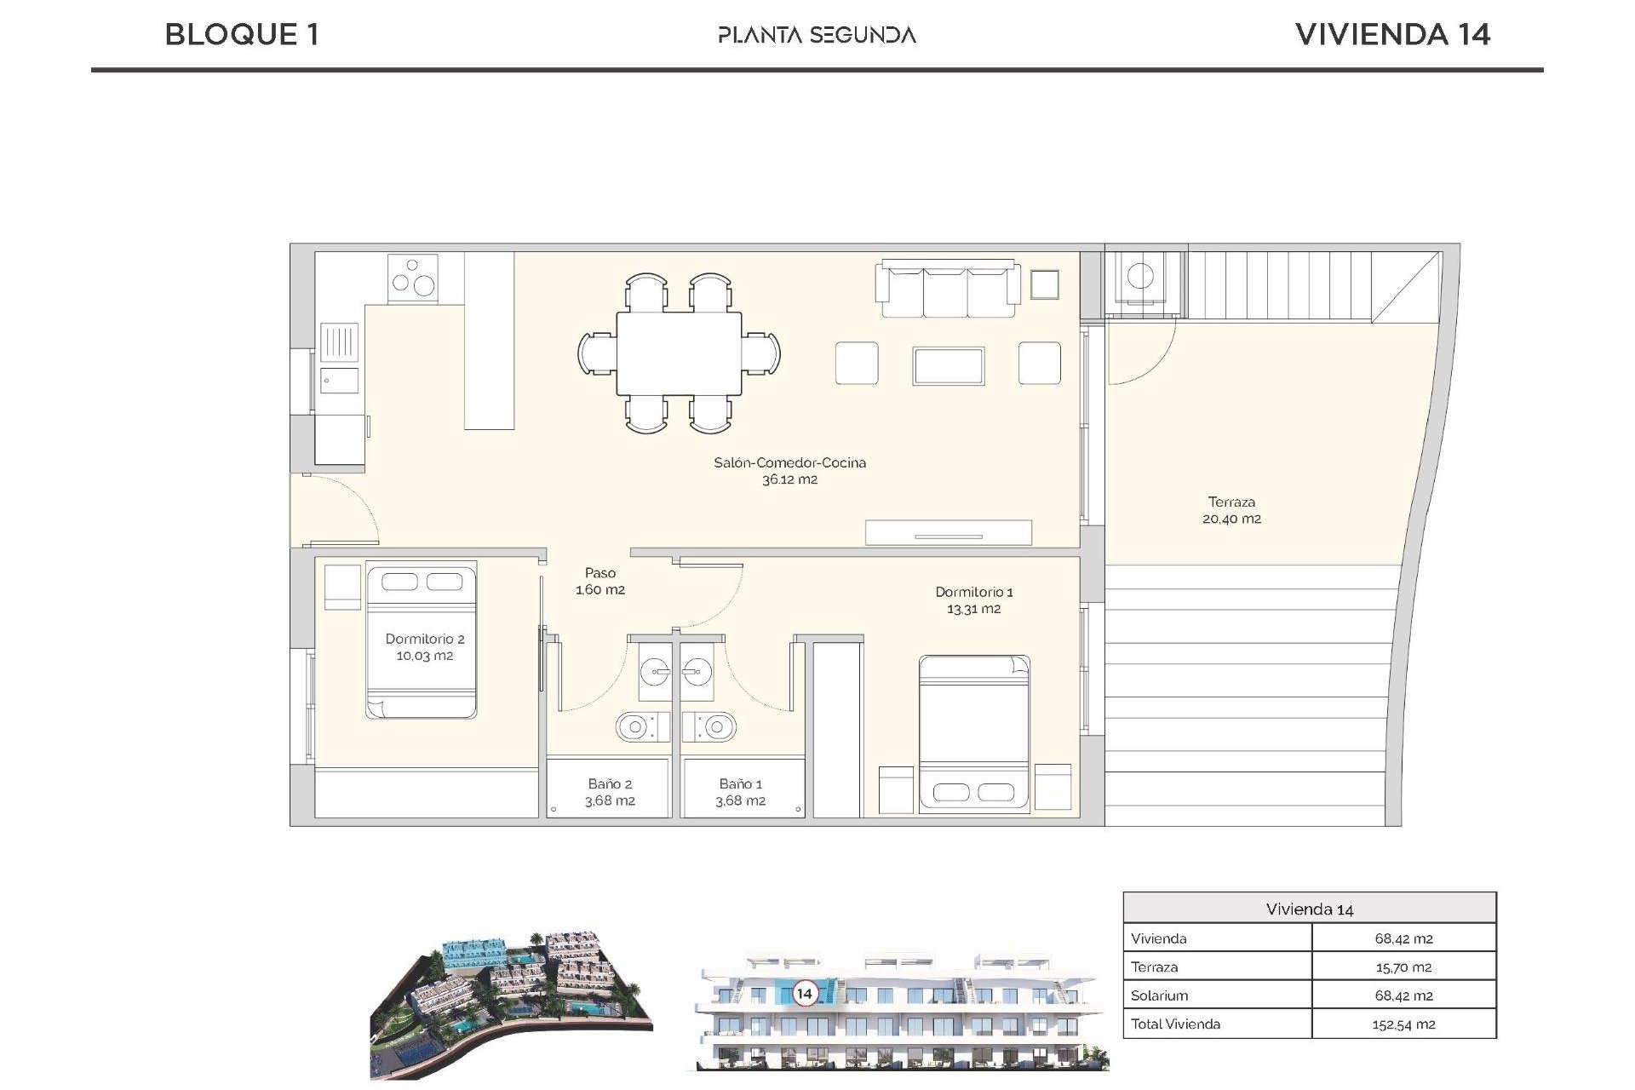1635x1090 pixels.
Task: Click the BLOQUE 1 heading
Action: point(242,35)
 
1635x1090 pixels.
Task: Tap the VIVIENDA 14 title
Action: point(1392,35)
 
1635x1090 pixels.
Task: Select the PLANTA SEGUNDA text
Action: point(817,35)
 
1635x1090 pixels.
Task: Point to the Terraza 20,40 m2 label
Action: point(1231,510)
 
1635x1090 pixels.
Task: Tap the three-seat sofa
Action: point(949,290)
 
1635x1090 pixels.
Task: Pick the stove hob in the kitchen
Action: point(412,278)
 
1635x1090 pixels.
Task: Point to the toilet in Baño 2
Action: point(634,727)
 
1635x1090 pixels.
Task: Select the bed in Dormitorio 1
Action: point(973,732)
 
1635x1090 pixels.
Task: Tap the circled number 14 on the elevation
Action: point(804,993)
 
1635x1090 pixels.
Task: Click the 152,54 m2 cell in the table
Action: point(1403,1024)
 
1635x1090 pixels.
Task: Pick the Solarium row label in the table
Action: point(1159,995)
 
